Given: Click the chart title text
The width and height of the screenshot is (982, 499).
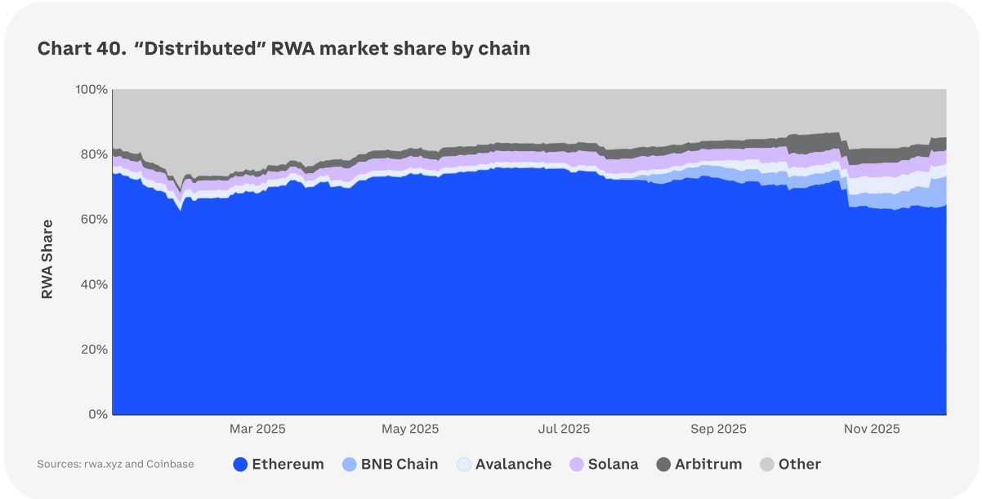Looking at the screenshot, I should (x=283, y=49).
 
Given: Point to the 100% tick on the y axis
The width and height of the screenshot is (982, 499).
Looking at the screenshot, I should (x=91, y=89).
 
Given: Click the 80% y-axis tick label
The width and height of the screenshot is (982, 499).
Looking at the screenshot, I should (x=93, y=154).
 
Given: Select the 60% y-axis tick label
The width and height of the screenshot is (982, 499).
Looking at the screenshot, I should (x=93, y=220).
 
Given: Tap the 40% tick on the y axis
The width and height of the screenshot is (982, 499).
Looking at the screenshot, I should (x=93, y=284).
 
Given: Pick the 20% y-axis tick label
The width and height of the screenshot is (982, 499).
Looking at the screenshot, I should (x=93, y=350).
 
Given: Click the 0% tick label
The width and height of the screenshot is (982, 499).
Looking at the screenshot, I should (x=97, y=414).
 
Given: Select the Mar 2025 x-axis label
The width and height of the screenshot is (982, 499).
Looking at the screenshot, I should (x=257, y=429).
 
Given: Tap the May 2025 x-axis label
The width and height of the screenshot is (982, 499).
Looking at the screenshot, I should (x=410, y=429).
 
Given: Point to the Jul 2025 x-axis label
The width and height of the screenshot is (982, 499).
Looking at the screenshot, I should (x=563, y=429).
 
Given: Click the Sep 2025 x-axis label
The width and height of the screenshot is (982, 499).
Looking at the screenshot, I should (x=718, y=429).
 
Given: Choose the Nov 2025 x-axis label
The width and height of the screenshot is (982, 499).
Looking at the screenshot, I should (x=871, y=429).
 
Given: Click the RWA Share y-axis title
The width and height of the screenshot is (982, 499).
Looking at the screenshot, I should (x=47, y=259).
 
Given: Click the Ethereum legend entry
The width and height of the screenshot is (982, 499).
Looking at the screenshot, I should (x=279, y=464).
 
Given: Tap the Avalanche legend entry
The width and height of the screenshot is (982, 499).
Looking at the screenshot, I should (x=503, y=464).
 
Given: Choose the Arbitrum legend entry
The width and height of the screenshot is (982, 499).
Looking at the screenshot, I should (x=699, y=464).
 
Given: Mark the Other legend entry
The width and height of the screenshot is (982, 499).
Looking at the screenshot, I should (x=790, y=464).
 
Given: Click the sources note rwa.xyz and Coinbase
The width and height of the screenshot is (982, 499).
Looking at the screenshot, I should (x=115, y=464).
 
